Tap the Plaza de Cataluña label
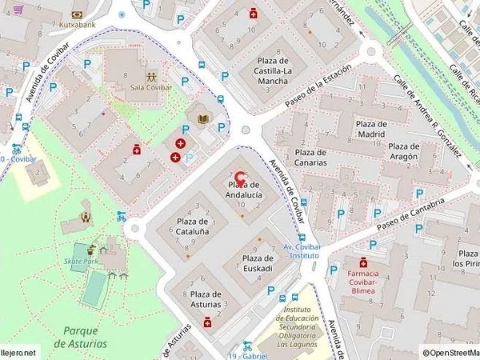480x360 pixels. (193, 226)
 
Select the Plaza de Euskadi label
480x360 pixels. (258, 263)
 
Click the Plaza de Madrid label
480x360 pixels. (371, 130)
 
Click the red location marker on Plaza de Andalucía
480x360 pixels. (240, 178)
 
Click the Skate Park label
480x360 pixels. (81, 261)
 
